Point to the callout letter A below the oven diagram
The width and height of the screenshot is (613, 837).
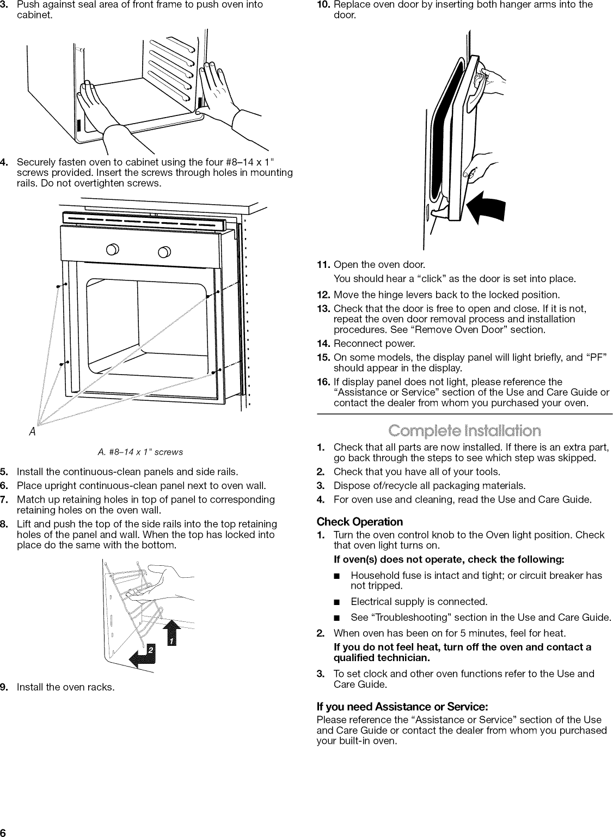[33, 432]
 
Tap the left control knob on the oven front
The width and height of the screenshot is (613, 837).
[126, 251]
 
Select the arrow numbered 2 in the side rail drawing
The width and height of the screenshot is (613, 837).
[144, 653]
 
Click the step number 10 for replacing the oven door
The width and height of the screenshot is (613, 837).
[323, 5]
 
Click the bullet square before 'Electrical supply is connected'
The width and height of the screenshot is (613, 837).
[338, 602]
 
